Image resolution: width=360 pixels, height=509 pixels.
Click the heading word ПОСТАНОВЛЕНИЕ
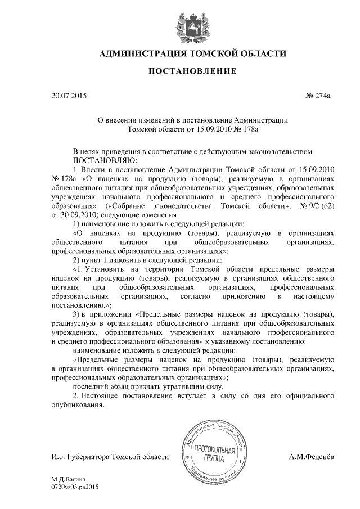[x=180, y=71]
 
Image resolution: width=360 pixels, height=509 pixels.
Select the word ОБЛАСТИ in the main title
[x=257, y=53]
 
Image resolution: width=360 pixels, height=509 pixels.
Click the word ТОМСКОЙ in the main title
[x=208, y=53]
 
